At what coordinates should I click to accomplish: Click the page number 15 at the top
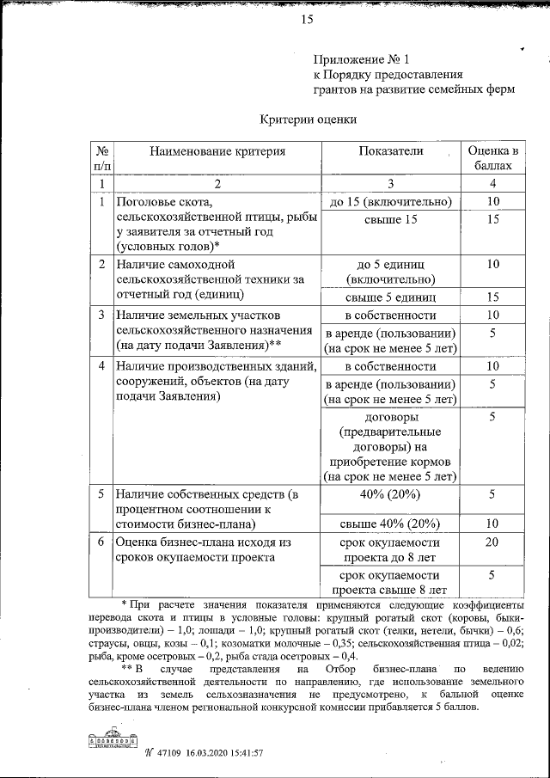[307, 21]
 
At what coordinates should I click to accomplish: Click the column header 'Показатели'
[390, 151]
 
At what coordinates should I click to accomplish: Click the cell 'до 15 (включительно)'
[390, 202]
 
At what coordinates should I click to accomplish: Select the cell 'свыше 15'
[390, 221]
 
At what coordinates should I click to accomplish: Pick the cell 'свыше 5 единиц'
[390, 297]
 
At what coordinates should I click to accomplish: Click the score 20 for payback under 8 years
[492, 542]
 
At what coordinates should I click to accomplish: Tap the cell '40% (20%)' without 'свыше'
[390, 494]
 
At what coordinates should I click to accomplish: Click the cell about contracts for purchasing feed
[390, 445]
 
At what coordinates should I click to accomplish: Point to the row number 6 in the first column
[101, 542]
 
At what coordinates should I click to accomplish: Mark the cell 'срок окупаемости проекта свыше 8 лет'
[390, 582]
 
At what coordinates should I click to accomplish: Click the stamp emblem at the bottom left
[112, 740]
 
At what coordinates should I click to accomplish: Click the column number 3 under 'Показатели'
[390, 183]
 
